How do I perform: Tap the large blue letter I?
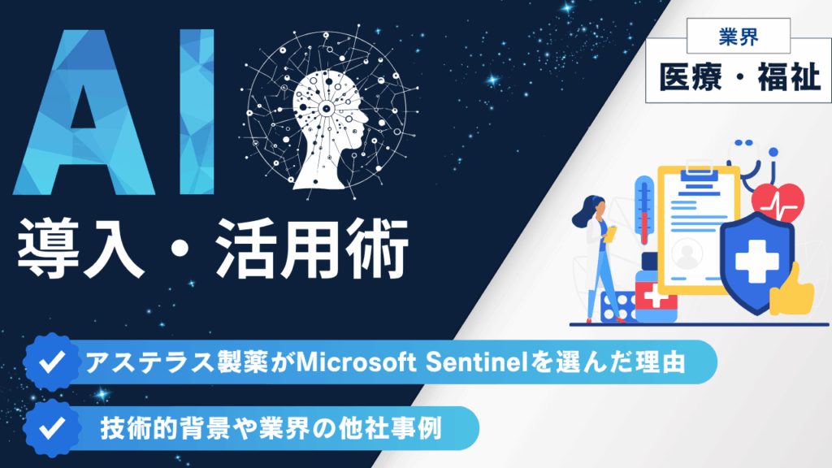197,112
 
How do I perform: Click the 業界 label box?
738,36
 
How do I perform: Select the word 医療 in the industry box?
691,77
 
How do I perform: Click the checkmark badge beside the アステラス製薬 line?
52,362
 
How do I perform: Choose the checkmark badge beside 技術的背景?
52,428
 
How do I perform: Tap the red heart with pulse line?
778,202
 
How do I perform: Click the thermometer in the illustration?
643,212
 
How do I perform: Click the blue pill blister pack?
618,306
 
